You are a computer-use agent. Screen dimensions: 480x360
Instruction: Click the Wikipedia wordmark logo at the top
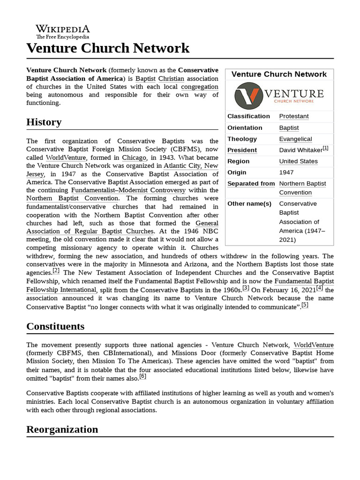coord(62,30)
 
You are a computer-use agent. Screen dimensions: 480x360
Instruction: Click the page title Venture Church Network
coord(108,48)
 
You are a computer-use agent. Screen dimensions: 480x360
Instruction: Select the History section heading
coord(44,122)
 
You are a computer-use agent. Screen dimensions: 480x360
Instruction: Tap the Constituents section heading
coord(55,326)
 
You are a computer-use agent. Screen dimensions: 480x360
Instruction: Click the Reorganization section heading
coord(62,429)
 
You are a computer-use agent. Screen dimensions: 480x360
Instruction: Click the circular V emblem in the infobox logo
coord(248,95)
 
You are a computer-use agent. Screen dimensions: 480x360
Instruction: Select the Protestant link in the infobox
coord(293,116)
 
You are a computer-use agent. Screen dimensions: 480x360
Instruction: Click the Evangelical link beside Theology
coord(295,139)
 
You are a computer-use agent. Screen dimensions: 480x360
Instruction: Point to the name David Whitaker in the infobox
coord(300,150)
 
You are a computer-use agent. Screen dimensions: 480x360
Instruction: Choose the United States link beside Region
coord(298,161)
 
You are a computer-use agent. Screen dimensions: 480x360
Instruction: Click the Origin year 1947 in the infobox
coord(286,172)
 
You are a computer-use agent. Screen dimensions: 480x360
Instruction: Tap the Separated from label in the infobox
coord(251,184)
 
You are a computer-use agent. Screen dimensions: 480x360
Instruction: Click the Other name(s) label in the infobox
coord(249,203)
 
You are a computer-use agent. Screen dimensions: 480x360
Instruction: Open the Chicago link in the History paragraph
coord(134,157)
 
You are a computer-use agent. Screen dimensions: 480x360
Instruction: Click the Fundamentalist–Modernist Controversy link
coord(128,190)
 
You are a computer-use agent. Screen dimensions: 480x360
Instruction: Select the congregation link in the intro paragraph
coord(200,87)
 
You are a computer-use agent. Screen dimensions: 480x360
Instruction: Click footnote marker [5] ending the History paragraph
coord(305,305)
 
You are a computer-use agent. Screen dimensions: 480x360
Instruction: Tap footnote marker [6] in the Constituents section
coord(143,376)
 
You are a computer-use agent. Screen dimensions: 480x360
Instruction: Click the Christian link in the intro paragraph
coord(171,78)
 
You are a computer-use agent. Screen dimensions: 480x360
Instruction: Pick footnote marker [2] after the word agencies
coord(56,270)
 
